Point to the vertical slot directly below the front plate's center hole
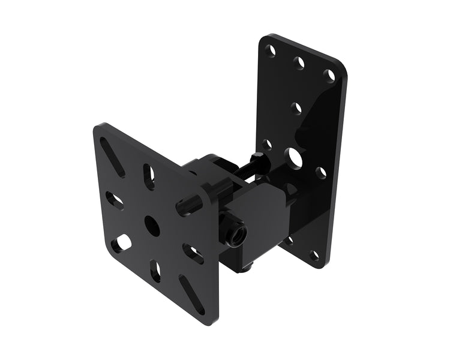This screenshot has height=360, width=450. point(155,271)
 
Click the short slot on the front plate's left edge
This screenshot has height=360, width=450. point(114,200)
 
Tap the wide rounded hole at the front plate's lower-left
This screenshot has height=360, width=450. point(124,242)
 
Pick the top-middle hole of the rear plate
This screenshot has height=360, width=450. point(299,62)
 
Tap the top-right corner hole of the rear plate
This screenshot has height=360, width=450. point(328,75)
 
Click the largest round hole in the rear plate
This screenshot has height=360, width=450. point(295,157)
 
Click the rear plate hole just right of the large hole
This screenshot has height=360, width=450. point(322,173)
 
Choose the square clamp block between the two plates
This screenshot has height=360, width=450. point(259,204)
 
